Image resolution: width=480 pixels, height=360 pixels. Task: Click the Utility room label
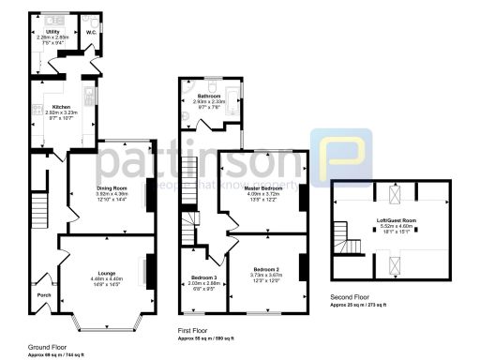(52, 31)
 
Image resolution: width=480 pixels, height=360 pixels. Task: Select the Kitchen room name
(61, 107)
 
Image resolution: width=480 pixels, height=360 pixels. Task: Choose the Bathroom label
(207, 95)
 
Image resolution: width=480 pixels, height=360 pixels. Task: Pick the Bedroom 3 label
(203, 277)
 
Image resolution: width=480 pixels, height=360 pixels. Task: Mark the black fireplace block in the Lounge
(149, 271)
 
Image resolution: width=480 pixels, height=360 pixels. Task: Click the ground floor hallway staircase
(38, 205)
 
